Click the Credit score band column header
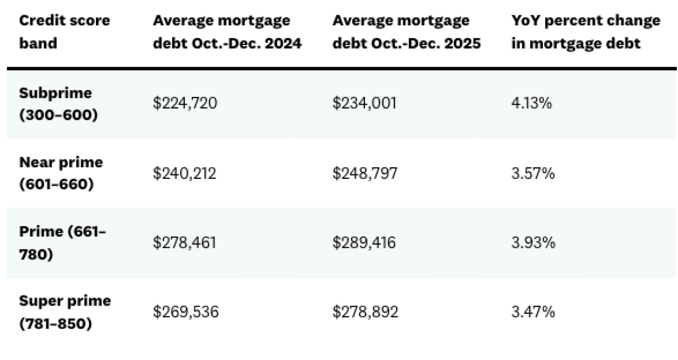[65, 32]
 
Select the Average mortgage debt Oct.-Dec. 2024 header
[227, 32]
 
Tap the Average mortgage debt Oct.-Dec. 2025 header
[406, 32]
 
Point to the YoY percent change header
[586, 32]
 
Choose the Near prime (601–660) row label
[61, 173]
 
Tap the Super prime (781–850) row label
[65, 312]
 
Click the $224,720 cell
[185, 104]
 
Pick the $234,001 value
[364, 104]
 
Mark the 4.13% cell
[532, 104]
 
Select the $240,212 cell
[185, 173]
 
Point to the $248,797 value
[364, 173]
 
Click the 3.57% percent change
[533, 173]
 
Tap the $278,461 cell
[185, 242]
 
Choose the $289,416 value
[364, 242]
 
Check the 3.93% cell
[533, 242]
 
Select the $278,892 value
[365, 312]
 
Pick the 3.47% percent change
[533, 312]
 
